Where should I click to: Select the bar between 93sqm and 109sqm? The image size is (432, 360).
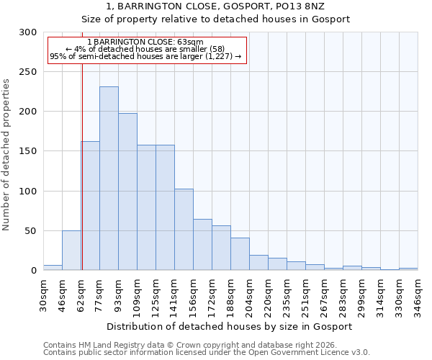127,192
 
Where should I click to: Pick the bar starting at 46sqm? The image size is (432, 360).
71,251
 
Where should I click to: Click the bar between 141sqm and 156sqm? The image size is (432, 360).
184,230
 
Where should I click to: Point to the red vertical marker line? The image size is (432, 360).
82,166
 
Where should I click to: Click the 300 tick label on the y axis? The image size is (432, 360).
28,32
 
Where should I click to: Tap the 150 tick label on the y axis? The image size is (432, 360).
28,152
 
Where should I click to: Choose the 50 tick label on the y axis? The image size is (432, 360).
31,231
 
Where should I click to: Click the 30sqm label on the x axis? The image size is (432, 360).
44,292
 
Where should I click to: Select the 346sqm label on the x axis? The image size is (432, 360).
418,292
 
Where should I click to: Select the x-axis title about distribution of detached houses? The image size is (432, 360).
230,326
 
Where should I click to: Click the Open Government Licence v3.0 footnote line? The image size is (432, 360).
207,352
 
